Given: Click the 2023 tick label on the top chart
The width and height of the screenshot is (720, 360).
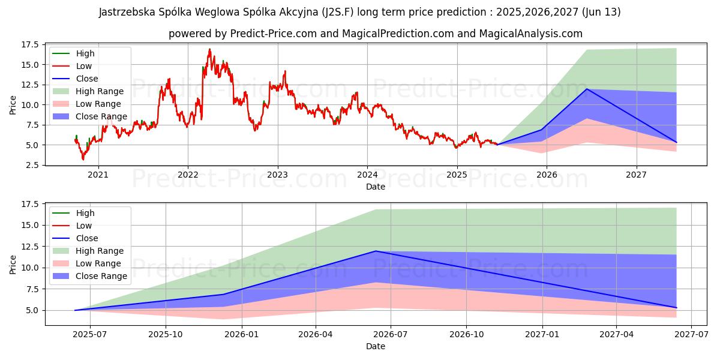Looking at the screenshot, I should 277,175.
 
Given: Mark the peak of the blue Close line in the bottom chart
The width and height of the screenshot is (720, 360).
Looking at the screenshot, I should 376,251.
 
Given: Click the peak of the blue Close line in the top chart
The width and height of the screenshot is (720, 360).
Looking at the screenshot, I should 587,89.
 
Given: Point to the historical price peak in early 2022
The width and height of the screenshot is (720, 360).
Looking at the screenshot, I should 209,49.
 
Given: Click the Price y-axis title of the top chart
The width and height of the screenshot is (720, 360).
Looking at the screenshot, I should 13,105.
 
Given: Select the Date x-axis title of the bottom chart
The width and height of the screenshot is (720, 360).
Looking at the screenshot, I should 376,347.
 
